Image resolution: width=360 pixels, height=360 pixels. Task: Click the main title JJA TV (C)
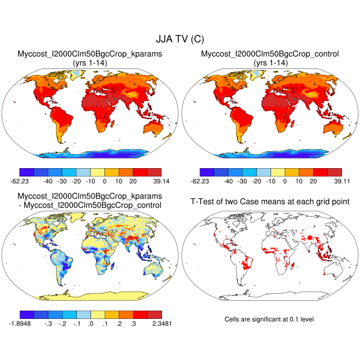pyautogui.click(x=179, y=39)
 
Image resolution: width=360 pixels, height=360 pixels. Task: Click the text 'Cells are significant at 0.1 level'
pyautogui.click(x=269, y=319)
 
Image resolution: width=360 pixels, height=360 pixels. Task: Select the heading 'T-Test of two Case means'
pyautogui.click(x=269, y=201)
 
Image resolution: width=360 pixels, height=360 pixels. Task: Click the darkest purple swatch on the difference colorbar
pyautogui.click(x=27, y=314)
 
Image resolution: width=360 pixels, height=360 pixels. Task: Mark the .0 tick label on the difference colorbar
pyautogui.click(x=91, y=323)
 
